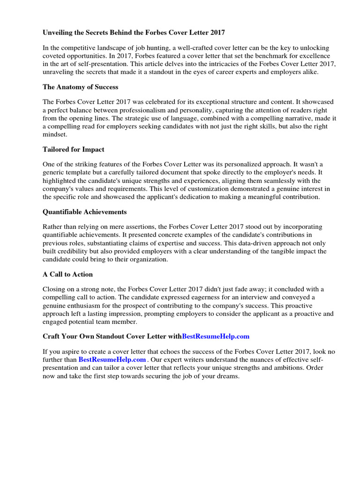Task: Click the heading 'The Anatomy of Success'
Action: (x=80, y=87)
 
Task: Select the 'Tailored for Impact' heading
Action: (x=73, y=149)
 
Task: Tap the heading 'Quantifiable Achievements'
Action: (x=84, y=212)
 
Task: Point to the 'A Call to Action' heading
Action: (x=67, y=274)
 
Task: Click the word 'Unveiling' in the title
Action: (x=59, y=33)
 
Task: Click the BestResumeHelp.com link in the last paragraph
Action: (x=112, y=359)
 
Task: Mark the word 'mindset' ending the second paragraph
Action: (x=55, y=134)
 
